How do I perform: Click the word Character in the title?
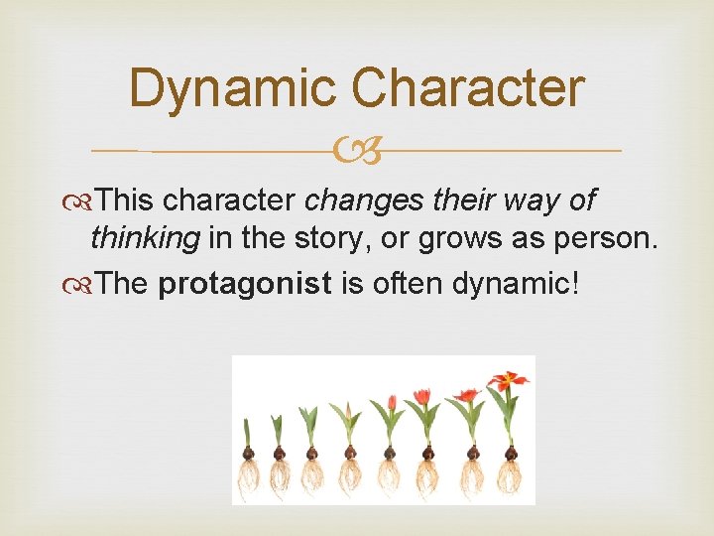(467, 87)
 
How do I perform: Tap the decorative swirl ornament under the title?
(357, 152)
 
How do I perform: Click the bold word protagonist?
(245, 284)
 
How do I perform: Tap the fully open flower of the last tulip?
(508, 379)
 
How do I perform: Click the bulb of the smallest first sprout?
(248, 454)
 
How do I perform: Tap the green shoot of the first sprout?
(248, 433)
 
